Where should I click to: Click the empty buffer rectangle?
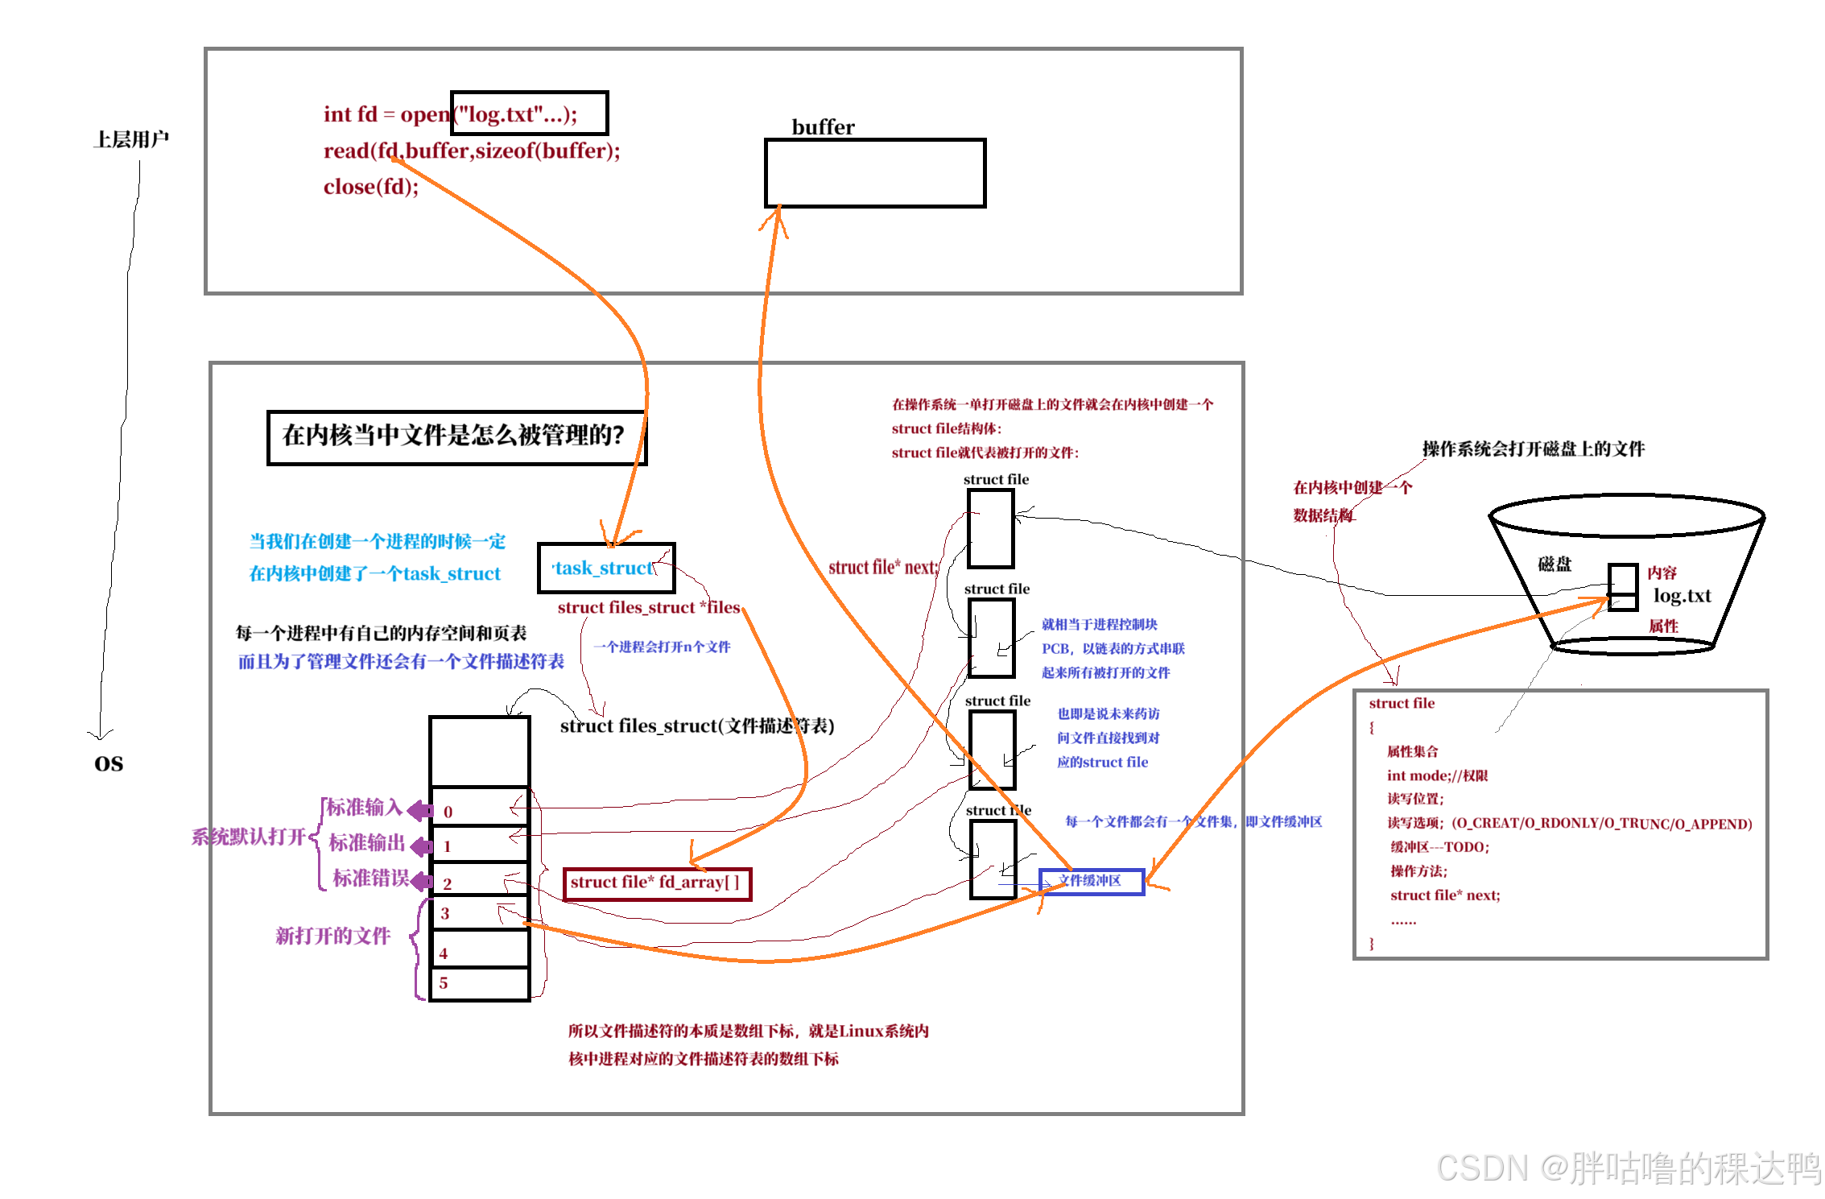(874, 173)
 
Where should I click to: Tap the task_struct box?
(605, 568)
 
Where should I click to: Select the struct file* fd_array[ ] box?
(656, 883)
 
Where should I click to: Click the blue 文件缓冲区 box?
(1091, 881)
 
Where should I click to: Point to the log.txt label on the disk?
(1682, 596)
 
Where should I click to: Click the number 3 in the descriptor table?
(444, 913)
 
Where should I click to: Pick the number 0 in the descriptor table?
(448, 812)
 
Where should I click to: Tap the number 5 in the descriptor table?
(443, 982)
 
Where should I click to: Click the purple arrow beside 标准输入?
(420, 810)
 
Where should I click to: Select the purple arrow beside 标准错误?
(421, 882)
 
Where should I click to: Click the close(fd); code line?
(371, 187)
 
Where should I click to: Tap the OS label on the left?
(109, 763)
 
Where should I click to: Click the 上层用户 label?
(131, 139)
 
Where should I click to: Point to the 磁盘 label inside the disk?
(1554, 564)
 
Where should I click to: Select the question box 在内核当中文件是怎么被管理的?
(456, 436)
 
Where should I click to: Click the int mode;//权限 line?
(1436, 775)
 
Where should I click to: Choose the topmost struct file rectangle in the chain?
(990, 528)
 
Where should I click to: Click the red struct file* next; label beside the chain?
(883, 568)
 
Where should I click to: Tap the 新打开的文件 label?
(332, 936)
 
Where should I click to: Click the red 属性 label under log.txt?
(1662, 626)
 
